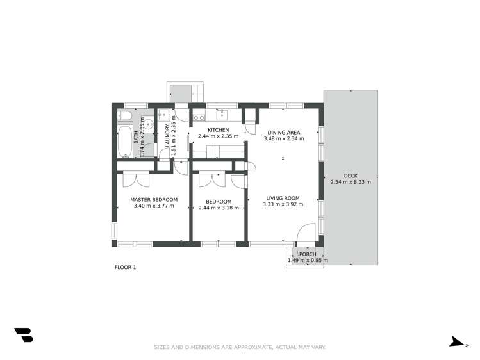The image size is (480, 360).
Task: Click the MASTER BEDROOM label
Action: (154, 199)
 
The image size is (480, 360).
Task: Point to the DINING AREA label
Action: (283, 132)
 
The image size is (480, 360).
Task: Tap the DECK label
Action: (351, 175)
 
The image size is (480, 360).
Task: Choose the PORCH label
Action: (308, 254)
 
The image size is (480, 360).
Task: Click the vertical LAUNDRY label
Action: (168, 136)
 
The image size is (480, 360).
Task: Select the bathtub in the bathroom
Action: (124, 142)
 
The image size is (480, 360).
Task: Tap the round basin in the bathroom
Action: (147, 125)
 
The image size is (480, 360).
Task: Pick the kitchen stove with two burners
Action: (198, 117)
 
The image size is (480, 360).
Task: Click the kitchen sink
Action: (223, 115)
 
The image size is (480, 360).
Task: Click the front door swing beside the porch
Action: (307, 232)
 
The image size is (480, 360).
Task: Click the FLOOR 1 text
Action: (126, 267)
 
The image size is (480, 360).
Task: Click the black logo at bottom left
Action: (24, 335)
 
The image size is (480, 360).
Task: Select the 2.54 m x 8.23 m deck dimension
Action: (351, 182)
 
